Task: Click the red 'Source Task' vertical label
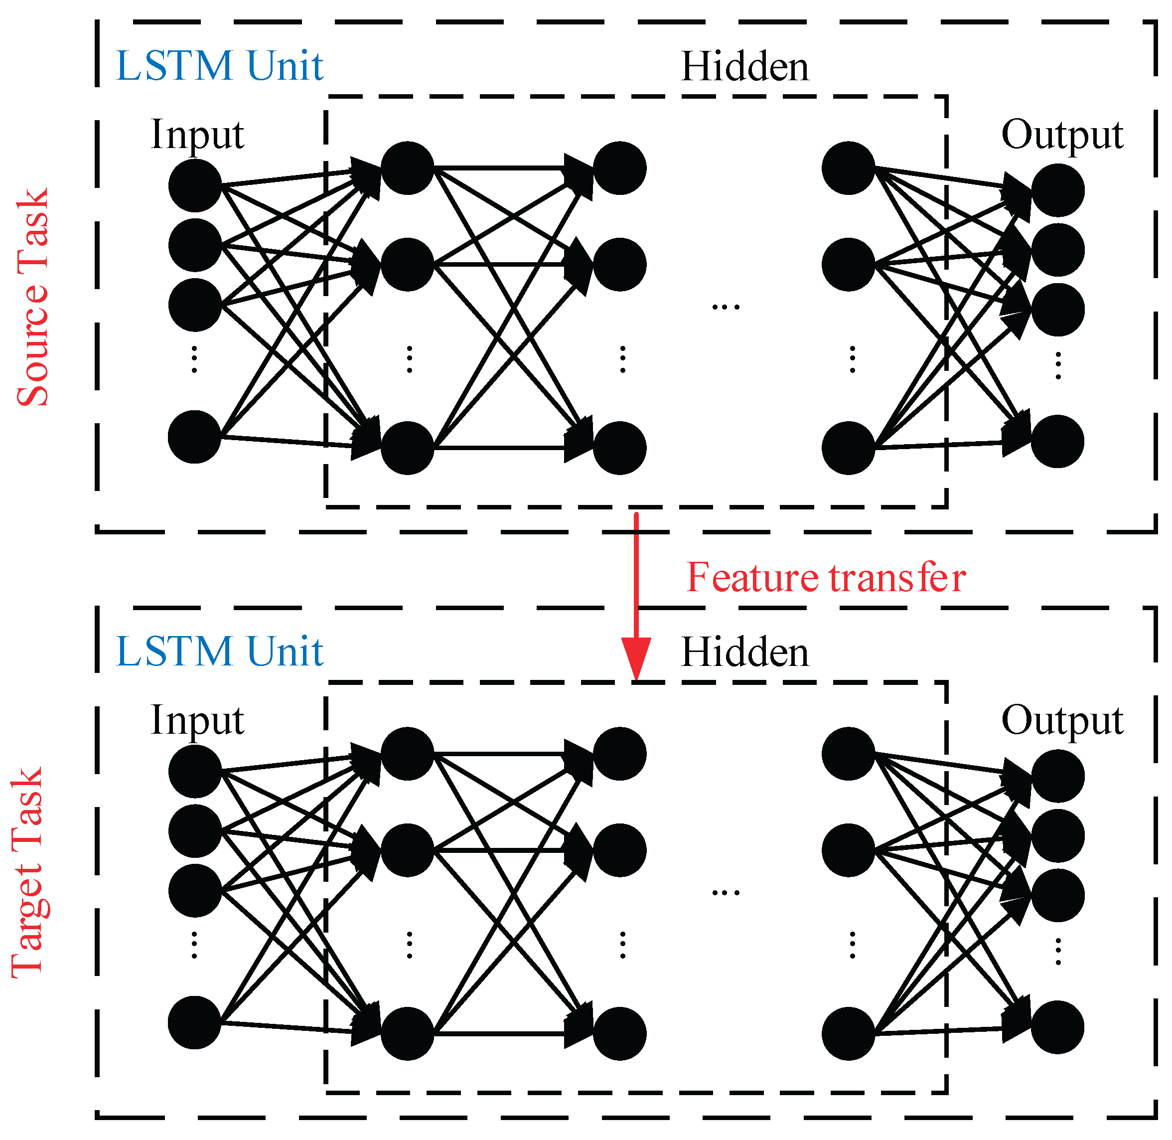[33, 298]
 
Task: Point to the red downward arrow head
[636, 659]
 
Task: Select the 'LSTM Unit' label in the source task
[219, 66]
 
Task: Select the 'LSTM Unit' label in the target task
[219, 651]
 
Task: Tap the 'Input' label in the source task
[197, 135]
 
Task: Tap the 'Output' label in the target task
[1062, 721]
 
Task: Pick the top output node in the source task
[1058, 190]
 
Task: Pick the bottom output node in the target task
[1058, 1027]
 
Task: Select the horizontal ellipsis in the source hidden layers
[726, 307]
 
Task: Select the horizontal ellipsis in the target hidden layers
[726, 893]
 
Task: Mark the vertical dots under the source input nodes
[194, 359]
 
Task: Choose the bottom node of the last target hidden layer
[848, 1034]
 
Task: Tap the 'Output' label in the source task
[1062, 135]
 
